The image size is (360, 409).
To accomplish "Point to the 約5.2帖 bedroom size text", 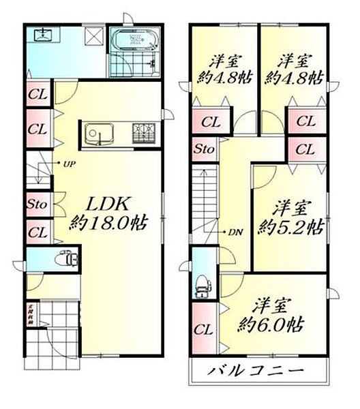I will coord(289,226).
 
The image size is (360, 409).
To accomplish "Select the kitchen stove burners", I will coord(145,132).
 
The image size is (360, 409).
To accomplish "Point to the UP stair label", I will coord(69,164).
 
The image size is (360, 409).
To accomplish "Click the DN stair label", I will coord(235,232).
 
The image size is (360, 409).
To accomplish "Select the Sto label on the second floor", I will coord(202,149).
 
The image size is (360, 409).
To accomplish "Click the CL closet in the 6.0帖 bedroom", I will coord(204,330).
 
